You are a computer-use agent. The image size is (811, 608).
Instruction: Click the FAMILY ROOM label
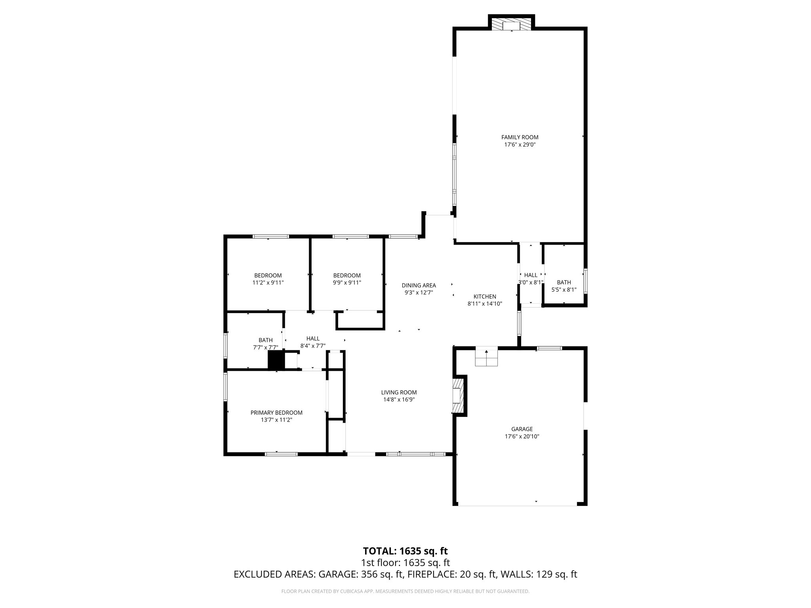520,137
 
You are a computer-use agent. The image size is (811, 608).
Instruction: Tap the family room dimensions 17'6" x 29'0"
520,145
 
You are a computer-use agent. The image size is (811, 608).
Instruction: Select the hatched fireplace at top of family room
511,25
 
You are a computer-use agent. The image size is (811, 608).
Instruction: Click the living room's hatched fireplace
458,395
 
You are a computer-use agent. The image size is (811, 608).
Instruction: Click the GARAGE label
522,429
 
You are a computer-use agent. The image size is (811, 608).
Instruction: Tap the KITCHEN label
485,296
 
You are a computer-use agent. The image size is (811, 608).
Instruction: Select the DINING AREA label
419,285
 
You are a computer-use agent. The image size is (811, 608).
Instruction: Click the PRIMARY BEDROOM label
276,412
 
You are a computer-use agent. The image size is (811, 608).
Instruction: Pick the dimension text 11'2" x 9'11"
268,283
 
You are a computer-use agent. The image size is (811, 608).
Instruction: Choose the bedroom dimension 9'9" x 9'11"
347,283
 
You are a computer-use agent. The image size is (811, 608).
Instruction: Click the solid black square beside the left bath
276,360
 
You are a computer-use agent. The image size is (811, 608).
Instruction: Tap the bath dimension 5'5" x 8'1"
564,290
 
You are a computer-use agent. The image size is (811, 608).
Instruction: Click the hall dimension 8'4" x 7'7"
313,346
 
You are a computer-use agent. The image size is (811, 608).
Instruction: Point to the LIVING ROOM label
399,392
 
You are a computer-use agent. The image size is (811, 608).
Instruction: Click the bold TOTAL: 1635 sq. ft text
405,551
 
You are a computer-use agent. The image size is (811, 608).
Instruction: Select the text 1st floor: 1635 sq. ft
405,562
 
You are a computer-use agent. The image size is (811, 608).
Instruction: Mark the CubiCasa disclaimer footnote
405,591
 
